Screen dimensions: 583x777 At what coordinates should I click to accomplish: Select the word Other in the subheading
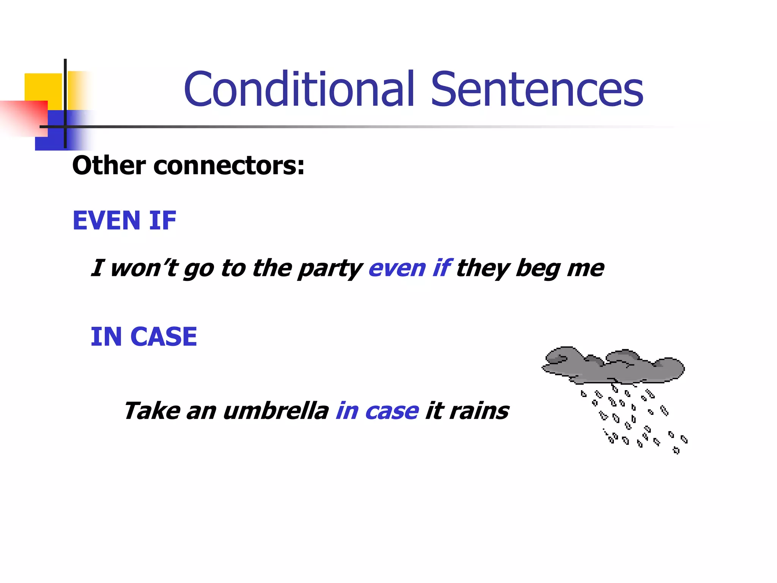coord(109,166)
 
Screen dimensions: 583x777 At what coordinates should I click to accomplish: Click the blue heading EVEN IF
coord(124,221)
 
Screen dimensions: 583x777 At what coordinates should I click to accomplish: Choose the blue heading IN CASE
coord(144,337)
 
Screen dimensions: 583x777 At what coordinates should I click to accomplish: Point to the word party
coord(330,269)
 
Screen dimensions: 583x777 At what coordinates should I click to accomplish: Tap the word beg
coord(538,269)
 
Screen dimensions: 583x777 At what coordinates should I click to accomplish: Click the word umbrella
coord(276,411)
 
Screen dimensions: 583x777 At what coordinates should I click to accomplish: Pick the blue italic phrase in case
coord(377,411)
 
